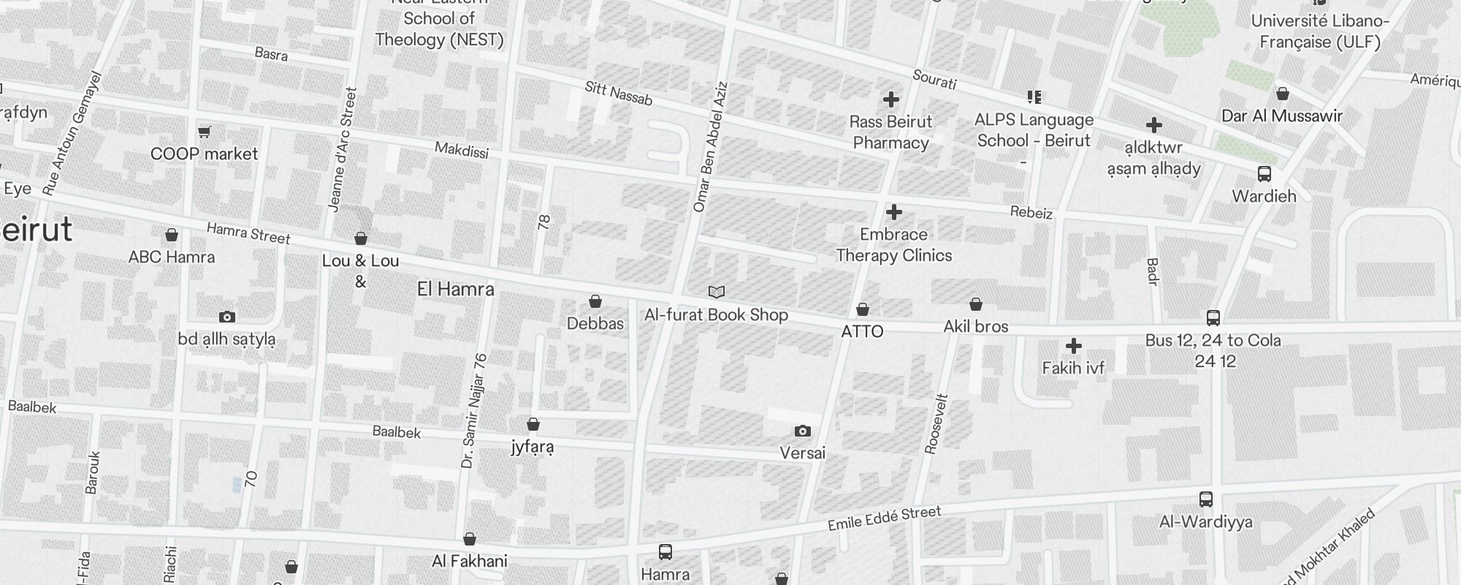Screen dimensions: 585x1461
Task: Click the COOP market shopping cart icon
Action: [205, 132]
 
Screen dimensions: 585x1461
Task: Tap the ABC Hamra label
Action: [172, 257]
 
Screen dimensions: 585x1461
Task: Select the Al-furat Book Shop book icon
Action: [717, 292]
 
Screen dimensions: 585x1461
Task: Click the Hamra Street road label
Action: [248, 233]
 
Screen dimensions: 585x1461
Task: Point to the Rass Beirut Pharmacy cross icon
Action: [891, 99]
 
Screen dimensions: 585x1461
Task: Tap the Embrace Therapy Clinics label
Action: [893, 245]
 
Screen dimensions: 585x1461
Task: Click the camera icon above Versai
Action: [802, 431]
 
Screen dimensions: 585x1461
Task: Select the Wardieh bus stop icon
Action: [1264, 174]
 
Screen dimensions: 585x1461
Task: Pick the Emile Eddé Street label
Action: [884, 518]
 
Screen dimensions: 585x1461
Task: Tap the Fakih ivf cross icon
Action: [1073, 346]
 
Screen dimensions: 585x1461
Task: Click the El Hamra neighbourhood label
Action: [456, 290]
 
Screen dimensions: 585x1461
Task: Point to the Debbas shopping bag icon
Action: [595, 301]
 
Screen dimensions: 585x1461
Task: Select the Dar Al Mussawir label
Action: [1282, 116]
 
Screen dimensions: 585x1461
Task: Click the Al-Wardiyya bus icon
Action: [1206, 500]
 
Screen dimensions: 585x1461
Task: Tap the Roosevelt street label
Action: [937, 425]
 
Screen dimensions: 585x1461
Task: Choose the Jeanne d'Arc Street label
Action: [343, 150]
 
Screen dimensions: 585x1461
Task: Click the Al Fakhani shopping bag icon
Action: [470, 540]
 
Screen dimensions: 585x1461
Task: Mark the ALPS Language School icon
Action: [1034, 97]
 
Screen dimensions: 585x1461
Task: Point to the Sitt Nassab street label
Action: [618, 94]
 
